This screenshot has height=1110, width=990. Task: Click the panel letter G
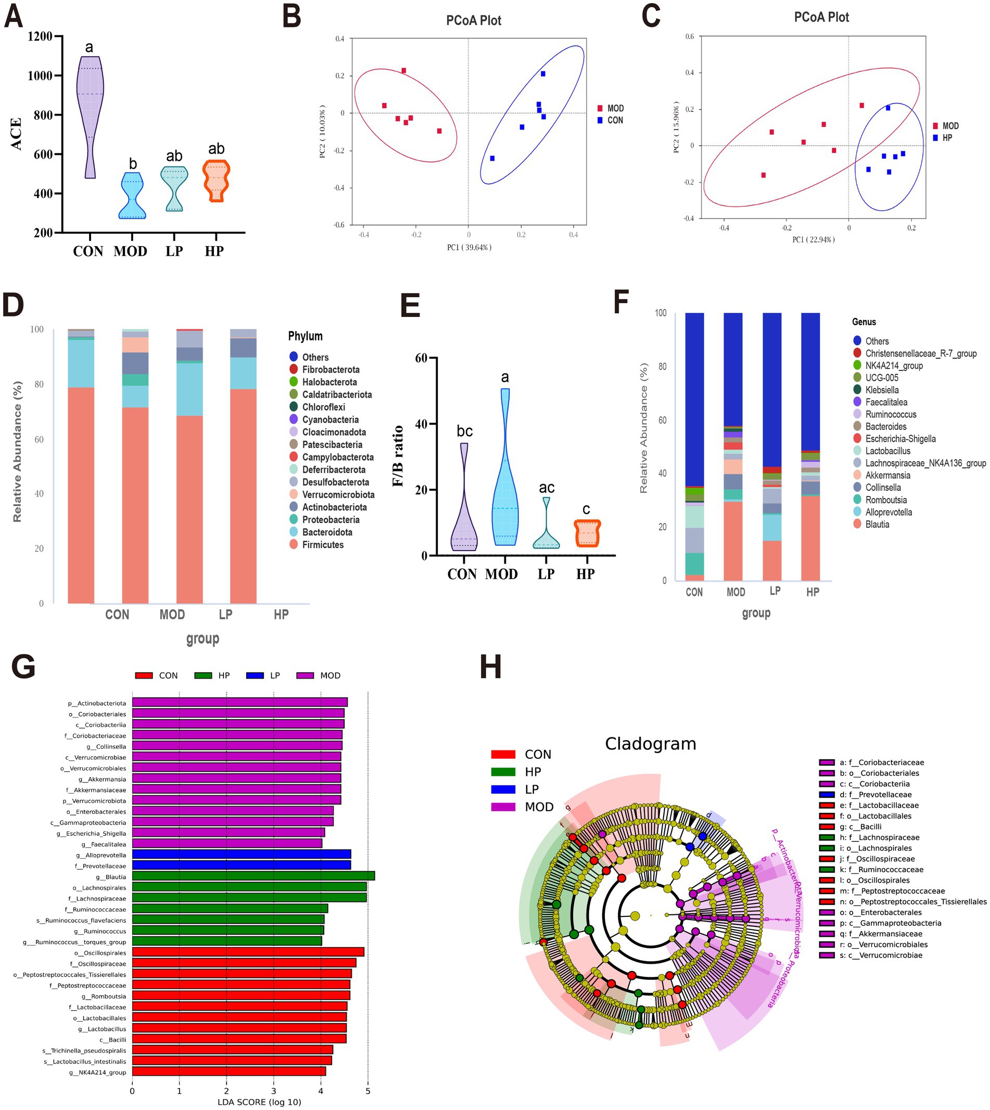tap(23, 667)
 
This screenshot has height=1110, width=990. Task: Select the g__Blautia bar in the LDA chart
tap(253, 876)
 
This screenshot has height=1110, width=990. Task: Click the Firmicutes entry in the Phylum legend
tap(323, 544)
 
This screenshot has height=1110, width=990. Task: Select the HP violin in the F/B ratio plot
tap(587, 533)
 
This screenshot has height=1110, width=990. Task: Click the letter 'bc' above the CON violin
tap(464, 431)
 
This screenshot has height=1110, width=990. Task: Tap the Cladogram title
tap(650, 744)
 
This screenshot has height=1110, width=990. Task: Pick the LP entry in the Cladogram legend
tap(531, 789)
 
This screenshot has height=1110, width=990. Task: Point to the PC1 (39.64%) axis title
tap(469, 248)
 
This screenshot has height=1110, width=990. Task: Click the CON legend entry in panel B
tap(615, 120)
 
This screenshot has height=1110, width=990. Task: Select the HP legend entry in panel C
tap(947, 137)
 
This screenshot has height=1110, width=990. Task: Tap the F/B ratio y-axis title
tap(398, 456)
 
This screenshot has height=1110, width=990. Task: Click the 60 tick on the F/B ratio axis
tap(421, 358)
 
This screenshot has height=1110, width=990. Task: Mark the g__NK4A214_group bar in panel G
tap(229, 1072)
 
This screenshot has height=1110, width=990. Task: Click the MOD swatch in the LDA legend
tap(305, 675)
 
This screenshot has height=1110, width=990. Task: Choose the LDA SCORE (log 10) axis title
tap(259, 1102)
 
